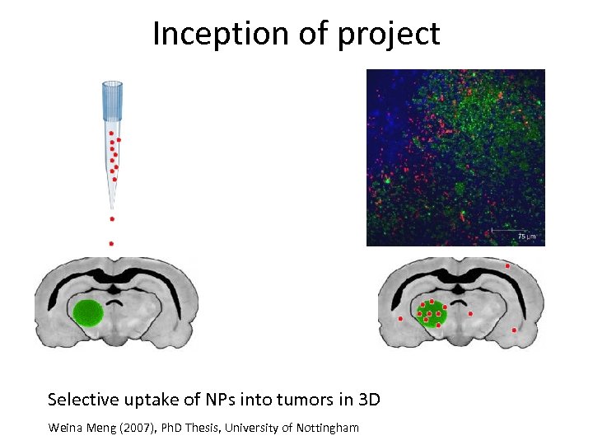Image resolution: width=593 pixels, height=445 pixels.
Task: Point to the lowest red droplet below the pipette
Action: click(111, 244)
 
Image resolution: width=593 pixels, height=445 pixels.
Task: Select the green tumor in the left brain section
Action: click(87, 313)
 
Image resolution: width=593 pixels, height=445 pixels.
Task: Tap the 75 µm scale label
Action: click(526, 237)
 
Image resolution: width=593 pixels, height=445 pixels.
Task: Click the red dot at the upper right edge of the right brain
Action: click(507, 266)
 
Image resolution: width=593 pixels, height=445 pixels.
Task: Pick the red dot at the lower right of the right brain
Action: click(515, 330)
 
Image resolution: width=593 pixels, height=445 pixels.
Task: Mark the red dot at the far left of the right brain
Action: click(400, 318)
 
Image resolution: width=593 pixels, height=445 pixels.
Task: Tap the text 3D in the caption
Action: click(370, 400)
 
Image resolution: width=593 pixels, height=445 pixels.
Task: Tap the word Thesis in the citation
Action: click(194, 428)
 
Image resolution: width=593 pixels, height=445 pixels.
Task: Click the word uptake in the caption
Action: click(147, 401)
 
